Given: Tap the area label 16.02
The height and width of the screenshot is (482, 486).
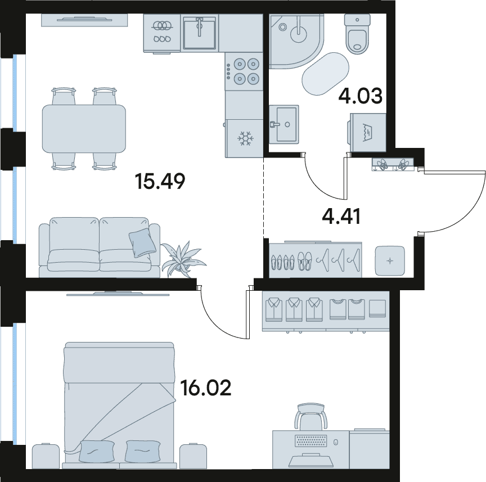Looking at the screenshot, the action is pyautogui.click(x=206, y=388).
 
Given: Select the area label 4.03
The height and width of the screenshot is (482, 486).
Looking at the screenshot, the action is pyautogui.click(x=361, y=96).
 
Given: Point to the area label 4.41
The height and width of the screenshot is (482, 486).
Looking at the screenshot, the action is pyautogui.click(x=341, y=217).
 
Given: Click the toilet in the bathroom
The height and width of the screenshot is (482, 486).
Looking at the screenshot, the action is pyautogui.click(x=357, y=34).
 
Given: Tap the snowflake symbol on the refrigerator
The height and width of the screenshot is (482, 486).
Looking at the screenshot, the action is pyautogui.click(x=245, y=138).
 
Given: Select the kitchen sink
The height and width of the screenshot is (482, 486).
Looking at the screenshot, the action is pyautogui.click(x=200, y=33).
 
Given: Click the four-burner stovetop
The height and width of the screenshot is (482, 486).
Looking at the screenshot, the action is pyautogui.click(x=244, y=71).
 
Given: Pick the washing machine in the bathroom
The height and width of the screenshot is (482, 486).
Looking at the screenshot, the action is pyautogui.click(x=367, y=132).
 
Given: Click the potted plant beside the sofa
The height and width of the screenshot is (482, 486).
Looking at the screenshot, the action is pyautogui.click(x=183, y=259).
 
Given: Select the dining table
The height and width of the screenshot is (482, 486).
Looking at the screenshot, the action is pyautogui.click(x=84, y=129).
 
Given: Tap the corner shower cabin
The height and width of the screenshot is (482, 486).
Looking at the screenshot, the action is pyautogui.click(x=296, y=41).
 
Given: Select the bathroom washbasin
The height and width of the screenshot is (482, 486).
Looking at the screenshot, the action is pyautogui.click(x=283, y=124).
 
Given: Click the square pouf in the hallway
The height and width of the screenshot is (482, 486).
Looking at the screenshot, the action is pyautogui.click(x=390, y=261).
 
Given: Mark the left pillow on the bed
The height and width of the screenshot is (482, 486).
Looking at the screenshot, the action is pyautogui.click(x=96, y=451).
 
